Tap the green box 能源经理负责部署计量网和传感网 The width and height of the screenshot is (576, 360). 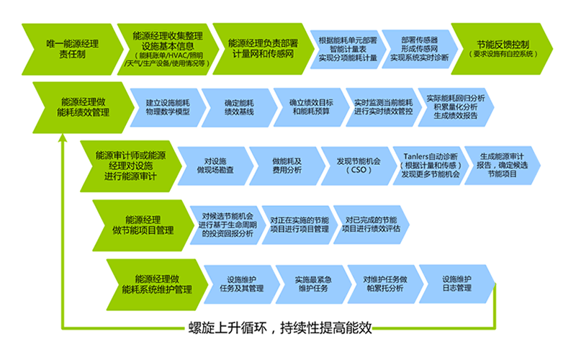pos(262,48)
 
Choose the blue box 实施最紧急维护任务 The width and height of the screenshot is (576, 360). pos(312,284)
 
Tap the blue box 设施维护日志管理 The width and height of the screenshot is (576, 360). pos(456,284)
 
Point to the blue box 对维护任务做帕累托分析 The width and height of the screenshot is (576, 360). pos(384,284)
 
